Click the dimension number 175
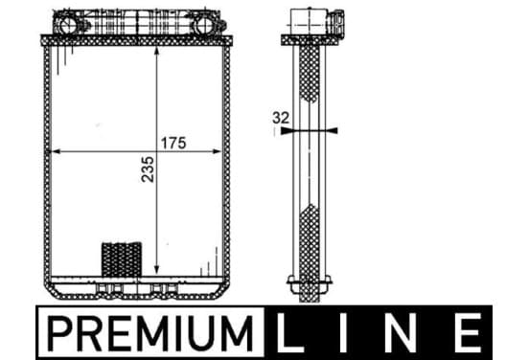coord(173,143)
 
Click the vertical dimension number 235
coord(148,169)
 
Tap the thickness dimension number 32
coord(281,118)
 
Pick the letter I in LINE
coord(343,333)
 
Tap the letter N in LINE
coord(402,333)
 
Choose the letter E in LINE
coord(469,333)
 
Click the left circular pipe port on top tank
coord(68,25)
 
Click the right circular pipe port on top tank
coord(204,25)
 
